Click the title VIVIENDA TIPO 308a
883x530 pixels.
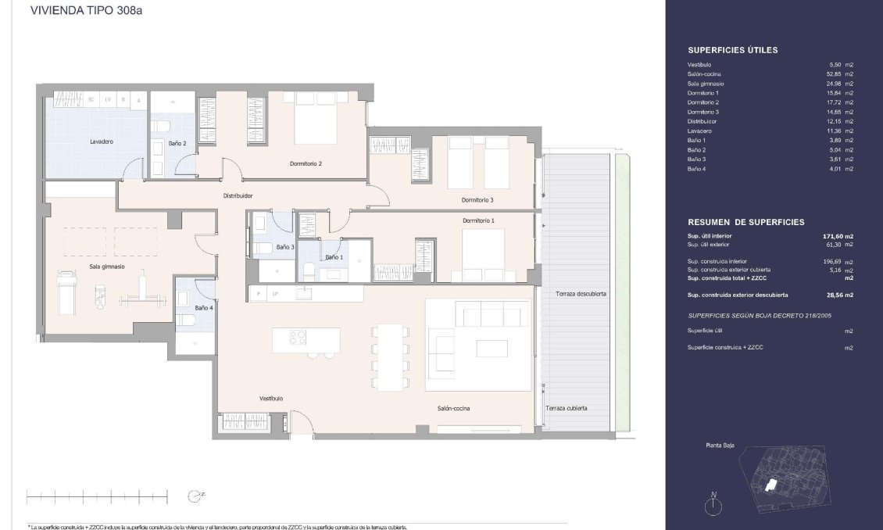[x=80, y=11]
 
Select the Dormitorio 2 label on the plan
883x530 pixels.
[x=306, y=164]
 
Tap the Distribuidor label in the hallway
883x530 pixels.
[x=238, y=195]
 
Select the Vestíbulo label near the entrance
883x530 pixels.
[x=271, y=399]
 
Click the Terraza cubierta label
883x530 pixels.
[x=567, y=408]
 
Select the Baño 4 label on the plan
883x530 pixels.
[x=202, y=308]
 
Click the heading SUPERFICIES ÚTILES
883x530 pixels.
[x=732, y=50]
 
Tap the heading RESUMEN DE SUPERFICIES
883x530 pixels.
[x=745, y=222]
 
